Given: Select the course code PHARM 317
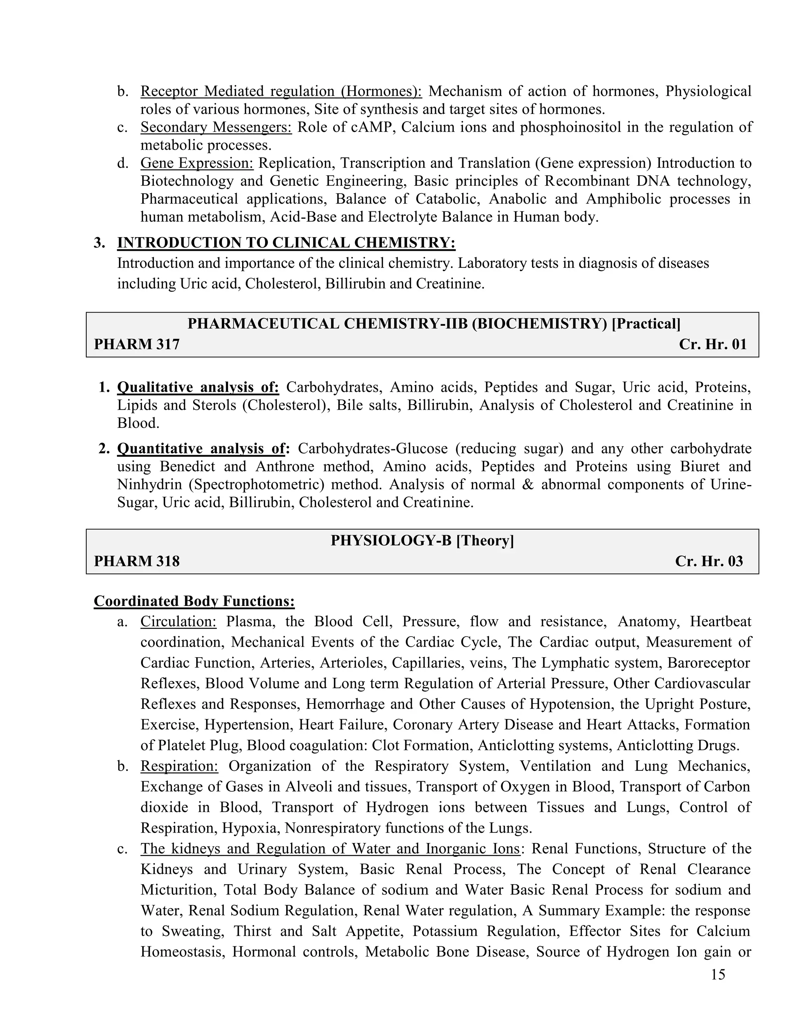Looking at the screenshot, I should tap(137, 344).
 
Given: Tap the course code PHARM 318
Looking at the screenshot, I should tap(137, 561).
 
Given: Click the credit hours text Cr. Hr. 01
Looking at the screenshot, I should tap(712, 344).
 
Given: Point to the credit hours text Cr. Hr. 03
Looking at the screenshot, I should tap(709, 561).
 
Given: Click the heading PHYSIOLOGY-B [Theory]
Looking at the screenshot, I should tap(422, 541).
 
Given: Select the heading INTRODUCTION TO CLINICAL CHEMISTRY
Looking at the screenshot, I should tap(286, 243).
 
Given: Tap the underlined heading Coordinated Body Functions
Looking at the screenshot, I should tap(194, 601).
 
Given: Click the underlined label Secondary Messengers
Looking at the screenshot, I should tap(216, 127).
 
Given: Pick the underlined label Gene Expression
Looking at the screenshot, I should tap(197, 163).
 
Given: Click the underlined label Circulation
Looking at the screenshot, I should tap(178, 621).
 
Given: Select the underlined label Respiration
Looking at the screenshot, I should tap(179, 766).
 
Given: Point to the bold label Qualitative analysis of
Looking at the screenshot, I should tap(198, 387).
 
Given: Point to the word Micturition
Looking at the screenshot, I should tap(178, 890).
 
